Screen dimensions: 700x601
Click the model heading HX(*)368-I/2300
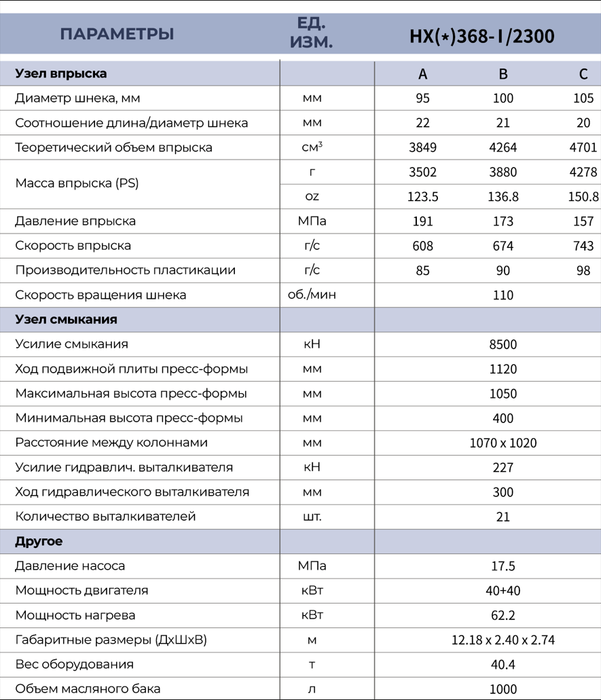click(x=482, y=36)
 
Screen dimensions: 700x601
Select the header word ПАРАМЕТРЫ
click(x=117, y=34)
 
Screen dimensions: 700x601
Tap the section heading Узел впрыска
click(x=61, y=73)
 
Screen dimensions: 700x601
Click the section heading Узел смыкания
click(x=66, y=319)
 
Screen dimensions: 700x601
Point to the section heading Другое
click(x=39, y=541)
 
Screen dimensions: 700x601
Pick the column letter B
click(x=503, y=74)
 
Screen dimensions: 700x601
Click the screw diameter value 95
click(x=422, y=98)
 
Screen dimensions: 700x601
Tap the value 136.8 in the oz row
click(x=503, y=197)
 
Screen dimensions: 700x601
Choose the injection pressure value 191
click(x=422, y=221)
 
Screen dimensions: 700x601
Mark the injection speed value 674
click(x=503, y=246)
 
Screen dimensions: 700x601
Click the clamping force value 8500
click(x=503, y=344)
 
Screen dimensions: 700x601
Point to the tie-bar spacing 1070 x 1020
click(x=503, y=443)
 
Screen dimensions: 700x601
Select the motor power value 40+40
click(x=503, y=591)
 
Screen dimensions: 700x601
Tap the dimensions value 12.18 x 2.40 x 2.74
click(x=503, y=640)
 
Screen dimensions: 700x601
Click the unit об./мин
click(x=312, y=295)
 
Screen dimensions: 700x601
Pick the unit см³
click(x=312, y=147)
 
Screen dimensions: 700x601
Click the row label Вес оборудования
click(x=74, y=664)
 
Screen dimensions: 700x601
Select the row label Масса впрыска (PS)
click(x=77, y=183)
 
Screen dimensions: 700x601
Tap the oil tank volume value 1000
click(x=503, y=688)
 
